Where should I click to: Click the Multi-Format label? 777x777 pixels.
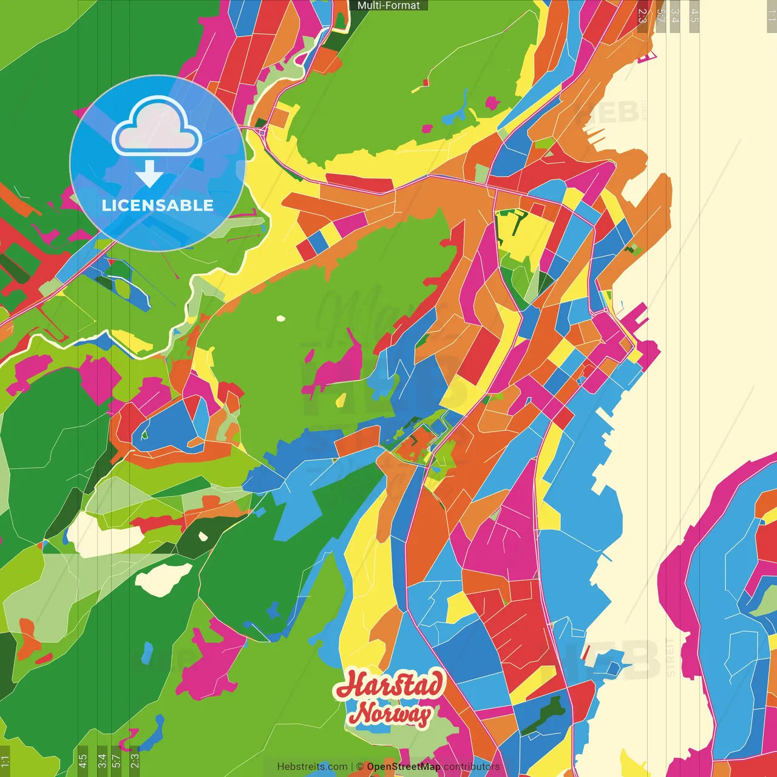coord(388,5)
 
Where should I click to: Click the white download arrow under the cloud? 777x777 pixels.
coord(149,175)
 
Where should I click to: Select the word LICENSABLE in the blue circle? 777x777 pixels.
coord(158,205)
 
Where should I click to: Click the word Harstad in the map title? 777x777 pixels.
coord(389,685)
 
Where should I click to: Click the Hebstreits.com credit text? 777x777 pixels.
coord(312,767)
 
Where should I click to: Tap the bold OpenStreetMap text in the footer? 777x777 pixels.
coord(404,767)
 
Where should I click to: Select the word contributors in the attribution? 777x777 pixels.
coord(472,767)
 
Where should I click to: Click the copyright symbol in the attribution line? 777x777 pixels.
coord(360,767)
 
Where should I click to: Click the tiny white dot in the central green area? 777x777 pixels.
coord(280,318)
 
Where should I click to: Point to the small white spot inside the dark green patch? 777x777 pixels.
coord(203,537)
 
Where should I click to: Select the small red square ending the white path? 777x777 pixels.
coord(426,81)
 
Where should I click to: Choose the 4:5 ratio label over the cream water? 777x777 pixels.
coord(694,16)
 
